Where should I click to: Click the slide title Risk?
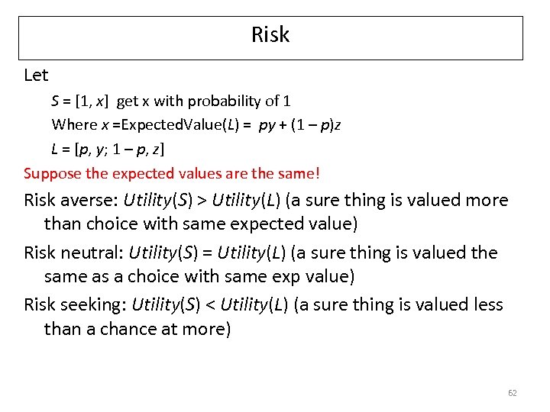pos(270,35)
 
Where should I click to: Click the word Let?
pos(36,76)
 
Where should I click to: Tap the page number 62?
pos(512,393)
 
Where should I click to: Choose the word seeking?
pos(98,304)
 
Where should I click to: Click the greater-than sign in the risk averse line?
pos(202,201)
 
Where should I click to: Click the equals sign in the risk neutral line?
pos(202,253)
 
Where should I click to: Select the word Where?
pos(70,124)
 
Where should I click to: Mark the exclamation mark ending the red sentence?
pos(317,173)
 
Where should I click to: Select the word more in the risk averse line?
pos(490,201)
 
